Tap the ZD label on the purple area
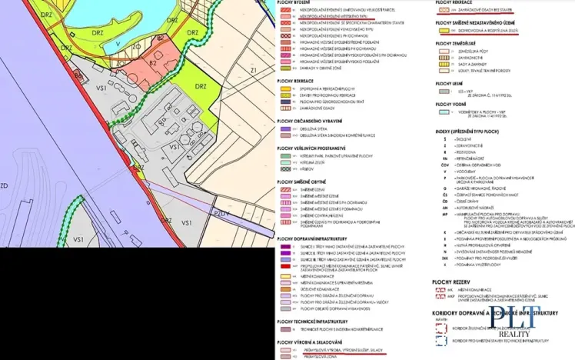click(4, 185)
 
